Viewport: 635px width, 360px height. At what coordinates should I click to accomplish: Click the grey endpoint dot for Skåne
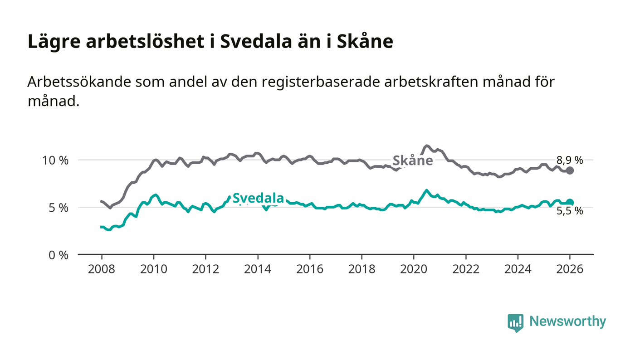(x=570, y=170)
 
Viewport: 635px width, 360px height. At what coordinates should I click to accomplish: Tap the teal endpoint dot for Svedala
(x=570, y=203)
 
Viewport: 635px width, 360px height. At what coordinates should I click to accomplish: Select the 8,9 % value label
(x=570, y=160)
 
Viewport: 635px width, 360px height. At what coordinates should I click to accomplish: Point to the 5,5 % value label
(x=570, y=210)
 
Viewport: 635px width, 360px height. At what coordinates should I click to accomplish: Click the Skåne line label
(x=412, y=161)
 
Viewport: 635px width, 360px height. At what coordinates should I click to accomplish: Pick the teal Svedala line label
(x=258, y=198)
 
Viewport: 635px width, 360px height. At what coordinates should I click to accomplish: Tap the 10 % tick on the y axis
(x=55, y=160)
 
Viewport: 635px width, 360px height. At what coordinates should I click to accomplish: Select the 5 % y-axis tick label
(x=58, y=208)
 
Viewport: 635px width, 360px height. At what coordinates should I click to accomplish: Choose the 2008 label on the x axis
(x=102, y=269)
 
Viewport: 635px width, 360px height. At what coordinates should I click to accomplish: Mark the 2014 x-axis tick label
(x=258, y=269)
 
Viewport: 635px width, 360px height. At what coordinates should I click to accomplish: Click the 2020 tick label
(x=414, y=269)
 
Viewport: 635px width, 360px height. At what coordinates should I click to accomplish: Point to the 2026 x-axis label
(x=570, y=269)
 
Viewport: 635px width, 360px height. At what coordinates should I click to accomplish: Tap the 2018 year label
(x=361, y=269)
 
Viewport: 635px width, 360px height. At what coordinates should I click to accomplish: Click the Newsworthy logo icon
(x=515, y=322)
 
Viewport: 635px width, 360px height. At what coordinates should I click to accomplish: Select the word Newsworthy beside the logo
(x=567, y=321)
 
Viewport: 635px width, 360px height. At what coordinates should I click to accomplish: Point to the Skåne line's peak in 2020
(x=426, y=146)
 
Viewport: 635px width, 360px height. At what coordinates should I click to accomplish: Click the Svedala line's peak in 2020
(x=426, y=190)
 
